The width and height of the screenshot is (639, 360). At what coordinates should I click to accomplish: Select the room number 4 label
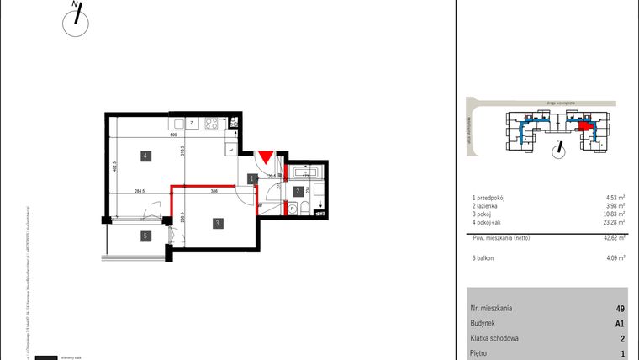point(145,156)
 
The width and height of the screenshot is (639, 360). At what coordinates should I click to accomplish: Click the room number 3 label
point(218,223)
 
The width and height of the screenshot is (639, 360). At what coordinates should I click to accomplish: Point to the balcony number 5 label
point(145,236)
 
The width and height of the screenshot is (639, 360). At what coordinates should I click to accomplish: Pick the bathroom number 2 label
point(298,192)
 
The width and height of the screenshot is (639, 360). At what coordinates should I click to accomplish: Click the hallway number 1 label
point(253,178)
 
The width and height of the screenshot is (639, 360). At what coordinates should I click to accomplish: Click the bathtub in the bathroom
point(303,172)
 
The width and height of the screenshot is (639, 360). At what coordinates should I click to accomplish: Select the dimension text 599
point(174,135)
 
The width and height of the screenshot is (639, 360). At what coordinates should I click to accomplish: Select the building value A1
point(620,323)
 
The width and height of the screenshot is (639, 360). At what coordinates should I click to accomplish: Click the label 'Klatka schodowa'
point(494,339)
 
